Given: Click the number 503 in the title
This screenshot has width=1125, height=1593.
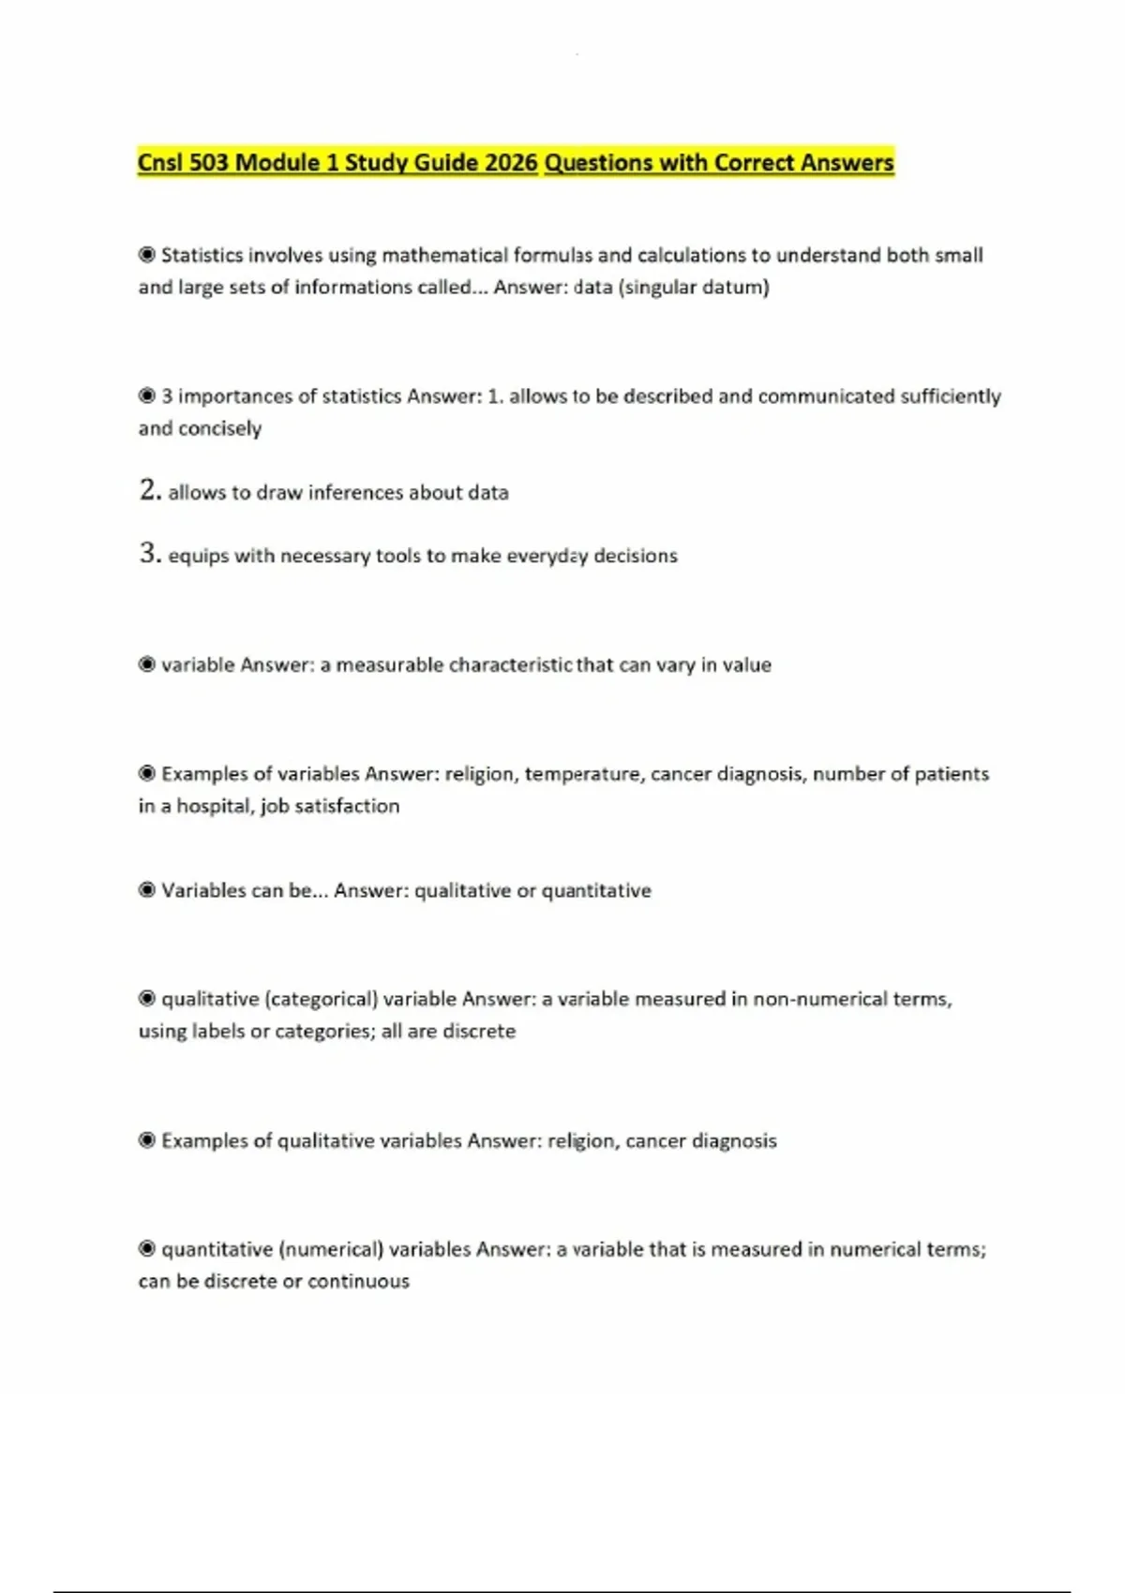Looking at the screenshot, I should click(208, 163).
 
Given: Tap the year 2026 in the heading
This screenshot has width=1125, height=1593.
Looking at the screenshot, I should click(512, 163).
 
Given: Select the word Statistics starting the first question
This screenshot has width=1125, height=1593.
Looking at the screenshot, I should click(202, 255).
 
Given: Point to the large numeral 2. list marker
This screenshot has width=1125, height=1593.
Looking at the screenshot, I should click(150, 490).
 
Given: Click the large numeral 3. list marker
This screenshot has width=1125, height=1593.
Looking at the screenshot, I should click(150, 554).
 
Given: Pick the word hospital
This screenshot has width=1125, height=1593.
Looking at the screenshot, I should click(213, 806).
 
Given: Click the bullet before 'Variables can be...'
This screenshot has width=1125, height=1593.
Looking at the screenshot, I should click(147, 889).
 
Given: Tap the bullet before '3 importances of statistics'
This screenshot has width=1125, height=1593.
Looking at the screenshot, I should click(147, 395).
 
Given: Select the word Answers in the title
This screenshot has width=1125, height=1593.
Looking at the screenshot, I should click(847, 163).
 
